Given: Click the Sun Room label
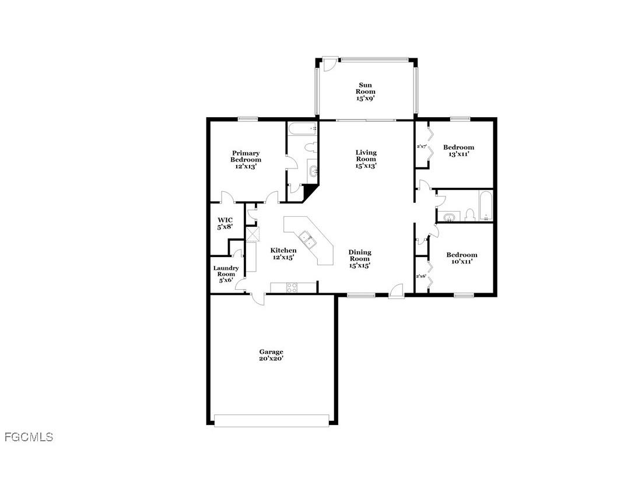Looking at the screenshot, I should coord(366,92).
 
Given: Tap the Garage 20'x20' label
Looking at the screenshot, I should coord(271,355).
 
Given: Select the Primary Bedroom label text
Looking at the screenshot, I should coord(246,160).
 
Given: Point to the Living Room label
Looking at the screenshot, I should coord(366,159).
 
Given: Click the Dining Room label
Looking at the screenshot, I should coord(359,258).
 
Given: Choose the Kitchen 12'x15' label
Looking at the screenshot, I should coord(283,254).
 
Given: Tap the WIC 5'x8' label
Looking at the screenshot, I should coord(225,223).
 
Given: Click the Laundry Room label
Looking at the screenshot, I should coord(226,274).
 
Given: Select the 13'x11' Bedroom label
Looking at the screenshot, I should coord(458,150).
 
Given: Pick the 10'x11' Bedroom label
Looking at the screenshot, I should coord(461,258).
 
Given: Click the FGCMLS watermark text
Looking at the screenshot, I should coord(29,437).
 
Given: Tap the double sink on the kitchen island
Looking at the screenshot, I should coord(307,240).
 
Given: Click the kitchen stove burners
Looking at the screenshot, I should coord(291,287).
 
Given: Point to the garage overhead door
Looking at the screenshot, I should coord(272,420).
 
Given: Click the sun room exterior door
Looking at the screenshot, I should coord(328,64).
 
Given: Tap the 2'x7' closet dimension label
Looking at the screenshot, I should coord(422,146).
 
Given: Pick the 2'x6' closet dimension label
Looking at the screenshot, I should coord(421,276).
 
